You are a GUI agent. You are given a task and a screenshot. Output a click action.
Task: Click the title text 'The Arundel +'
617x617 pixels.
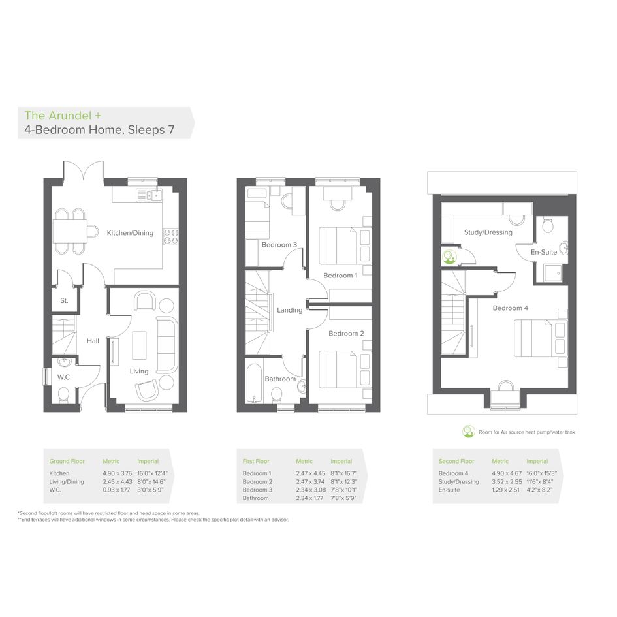pyautogui.click(x=63, y=116)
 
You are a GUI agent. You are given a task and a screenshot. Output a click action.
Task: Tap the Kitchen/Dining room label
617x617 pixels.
pyautogui.click(x=130, y=233)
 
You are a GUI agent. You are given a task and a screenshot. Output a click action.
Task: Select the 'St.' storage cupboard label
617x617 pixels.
pyautogui.click(x=64, y=300)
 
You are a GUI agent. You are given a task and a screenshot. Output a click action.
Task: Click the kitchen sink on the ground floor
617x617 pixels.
pyautogui.click(x=149, y=195)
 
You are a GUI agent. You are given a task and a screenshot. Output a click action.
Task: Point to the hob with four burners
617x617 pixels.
pyautogui.click(x=171, y=236)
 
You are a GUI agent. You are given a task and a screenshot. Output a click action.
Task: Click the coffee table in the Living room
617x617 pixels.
pyautogui.click(x=139, y=345)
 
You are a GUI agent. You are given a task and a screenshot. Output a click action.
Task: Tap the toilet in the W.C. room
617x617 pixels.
pyautogui.click(x=63, y=395)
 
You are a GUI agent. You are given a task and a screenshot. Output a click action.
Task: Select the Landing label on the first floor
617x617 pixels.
pyautogui.click(x=290, y=310)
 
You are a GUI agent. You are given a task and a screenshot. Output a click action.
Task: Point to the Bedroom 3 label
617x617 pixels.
pyautogui.click(x=279, y=245)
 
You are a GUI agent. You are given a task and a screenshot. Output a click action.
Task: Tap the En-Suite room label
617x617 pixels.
pyautogui.click(x=544, y=252)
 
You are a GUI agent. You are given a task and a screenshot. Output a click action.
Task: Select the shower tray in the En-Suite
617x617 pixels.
pyautogui.click(x=552, y=273)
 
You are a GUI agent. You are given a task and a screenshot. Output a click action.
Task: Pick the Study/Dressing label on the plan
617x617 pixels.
pyautogui.click(x=488, y=232)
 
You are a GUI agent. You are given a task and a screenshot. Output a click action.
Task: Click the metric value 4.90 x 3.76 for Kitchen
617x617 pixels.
pyautogui.click(x=118, y=473)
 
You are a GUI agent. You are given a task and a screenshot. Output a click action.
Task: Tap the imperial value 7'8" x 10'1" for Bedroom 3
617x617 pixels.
pyautogui.click(x=343, y=490)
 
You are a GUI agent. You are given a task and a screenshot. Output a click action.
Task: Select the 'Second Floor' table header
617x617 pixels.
pyautogui.click(x=456, y=461)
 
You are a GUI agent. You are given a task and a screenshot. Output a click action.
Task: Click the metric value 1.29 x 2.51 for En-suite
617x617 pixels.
pyautogui.click(x=505, y=490)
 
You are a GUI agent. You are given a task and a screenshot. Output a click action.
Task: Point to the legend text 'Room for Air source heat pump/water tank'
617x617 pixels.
pyautogui.click(x=526, y=432)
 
